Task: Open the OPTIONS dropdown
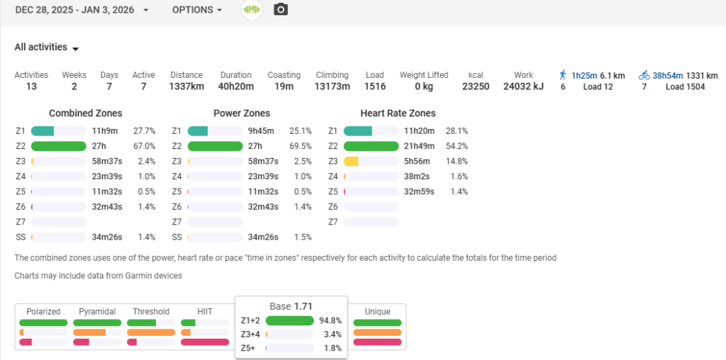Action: pyautogui.click(x=196, y=10)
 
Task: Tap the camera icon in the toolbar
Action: pyautogui.click(x=281, y=10)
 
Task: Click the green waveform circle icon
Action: pyautogui.click(x=252, y=10)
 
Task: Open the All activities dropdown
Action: pyautogui.click(x=46, y=47)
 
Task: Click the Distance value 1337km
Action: pyautogui.click(x=186, y=86)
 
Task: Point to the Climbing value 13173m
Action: pyautogui.click(x=332, y=86)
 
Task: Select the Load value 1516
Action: pyautogui.click(x=374, y=86)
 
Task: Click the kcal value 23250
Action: pyautogui.click(x=475, y=86)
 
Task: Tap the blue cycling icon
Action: pyautogui.click(x=644, y=74)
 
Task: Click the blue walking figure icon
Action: pyautogui.click(x=562, y=74)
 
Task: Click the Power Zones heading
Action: pyautogui.click(x=241, y=113)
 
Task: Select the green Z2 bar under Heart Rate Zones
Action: pyautogui.click(x=370, y=146)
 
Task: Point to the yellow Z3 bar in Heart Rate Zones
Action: pyautogui.click(x=351, y=162)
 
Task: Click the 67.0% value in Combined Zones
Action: pyautogui.click(x=144, y=146)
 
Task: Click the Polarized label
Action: pyautogui.click(x=43, y=311)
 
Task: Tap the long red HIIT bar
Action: pyautogui.click(x=205, y=342)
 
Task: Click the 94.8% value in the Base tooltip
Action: pyautogui.click(x=330, y=320)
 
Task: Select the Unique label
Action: pyautogui.click(x=377, y=311)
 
